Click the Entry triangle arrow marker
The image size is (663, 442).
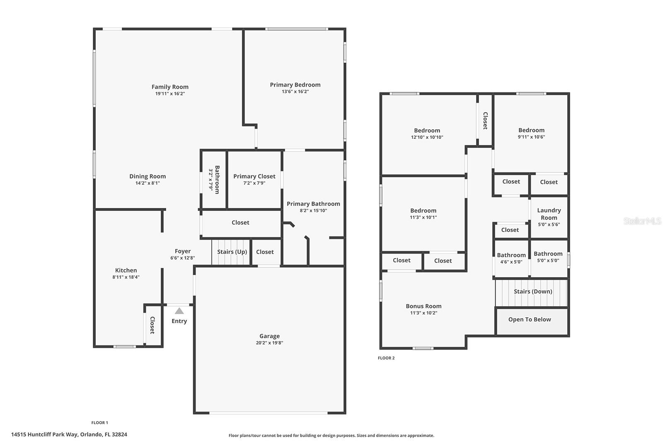point(179,311)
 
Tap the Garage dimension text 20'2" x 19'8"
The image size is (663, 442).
point(269,343)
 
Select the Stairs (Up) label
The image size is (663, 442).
point(232,252)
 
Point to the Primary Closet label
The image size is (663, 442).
point(254,176)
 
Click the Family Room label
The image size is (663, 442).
point(170,87)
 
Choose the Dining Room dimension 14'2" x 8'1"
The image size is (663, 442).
point(148,183)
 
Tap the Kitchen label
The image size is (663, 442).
point(126,271)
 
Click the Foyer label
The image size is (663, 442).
point(183,251)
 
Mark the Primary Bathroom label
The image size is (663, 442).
point(313,204)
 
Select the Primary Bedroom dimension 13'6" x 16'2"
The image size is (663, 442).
point(295,92)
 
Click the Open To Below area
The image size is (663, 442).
point(530,320)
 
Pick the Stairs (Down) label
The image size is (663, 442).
point(533,292)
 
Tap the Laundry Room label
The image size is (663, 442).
point(549,214)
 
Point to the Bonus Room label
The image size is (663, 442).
point(423,307)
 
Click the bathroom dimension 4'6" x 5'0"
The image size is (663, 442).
point(511,262)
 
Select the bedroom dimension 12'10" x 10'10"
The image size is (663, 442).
point(427,137)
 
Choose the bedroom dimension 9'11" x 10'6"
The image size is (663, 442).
point(531,137)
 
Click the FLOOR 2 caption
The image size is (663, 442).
point(386,358)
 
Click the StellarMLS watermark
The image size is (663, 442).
point(642,221)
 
